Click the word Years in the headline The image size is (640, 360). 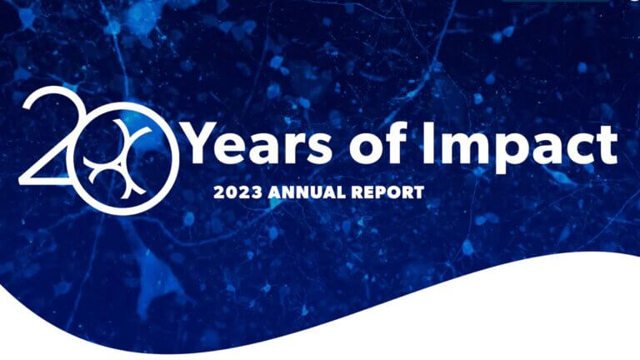pos(259,142)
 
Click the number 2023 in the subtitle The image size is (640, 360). pos(237,192)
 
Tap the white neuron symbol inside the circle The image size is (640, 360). pos(117,158)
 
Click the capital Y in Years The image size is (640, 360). pos(204,142)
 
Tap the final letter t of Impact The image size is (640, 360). pos(606,145)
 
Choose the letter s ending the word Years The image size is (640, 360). pos(317,147)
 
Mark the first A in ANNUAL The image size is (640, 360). pos(275,192)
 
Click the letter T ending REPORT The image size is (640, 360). pos(418,192)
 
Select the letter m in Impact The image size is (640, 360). pos(462,147)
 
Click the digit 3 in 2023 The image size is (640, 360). pos(257,192)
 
